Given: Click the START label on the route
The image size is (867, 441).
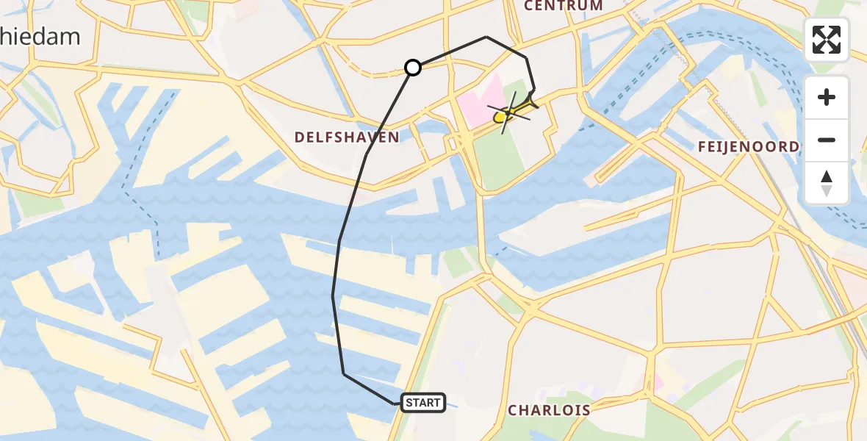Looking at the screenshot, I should [x=423, y=402].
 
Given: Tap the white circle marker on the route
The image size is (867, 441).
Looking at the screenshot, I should [x=413, y=68].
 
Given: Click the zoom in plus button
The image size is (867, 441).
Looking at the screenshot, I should [x=827, y=97].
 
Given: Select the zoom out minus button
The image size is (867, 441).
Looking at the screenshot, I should [x=827, y=140].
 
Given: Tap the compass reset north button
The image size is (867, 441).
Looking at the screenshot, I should [x=827, y=183].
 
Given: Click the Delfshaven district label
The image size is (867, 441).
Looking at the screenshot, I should [x=347, y=137].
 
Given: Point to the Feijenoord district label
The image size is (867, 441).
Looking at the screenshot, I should [x=748, y=147].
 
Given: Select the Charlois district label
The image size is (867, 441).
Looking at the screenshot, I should [x=549, y=410].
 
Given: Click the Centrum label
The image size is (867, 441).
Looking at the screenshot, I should [x=563, y=6].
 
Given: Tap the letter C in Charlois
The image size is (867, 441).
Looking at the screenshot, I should [x=513, y=410].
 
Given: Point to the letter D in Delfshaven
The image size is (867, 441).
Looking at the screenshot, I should [x=299, y=137].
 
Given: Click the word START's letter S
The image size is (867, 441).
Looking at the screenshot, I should [x=409, y=402].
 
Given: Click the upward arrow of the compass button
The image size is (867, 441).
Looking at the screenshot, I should [x=827, y=177].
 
